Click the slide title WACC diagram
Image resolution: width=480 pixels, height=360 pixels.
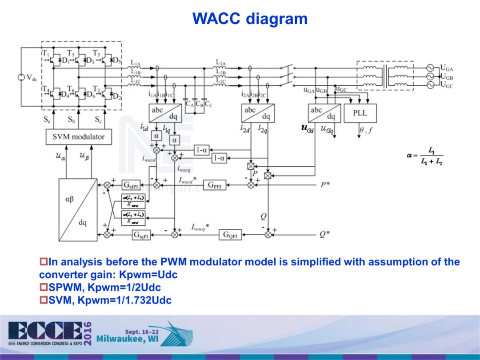pyautogui.click(x=250, y=19)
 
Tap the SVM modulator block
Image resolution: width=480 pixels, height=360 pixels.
pyautogui.click(x=78, y=136)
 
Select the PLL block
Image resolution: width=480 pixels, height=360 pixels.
pyautogui.click(x=360, y=113)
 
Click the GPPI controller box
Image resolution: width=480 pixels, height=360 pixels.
pyautogui.click(x=215, y=185)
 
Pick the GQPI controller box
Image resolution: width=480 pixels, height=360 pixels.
pyautogui.click(x=231, y=235)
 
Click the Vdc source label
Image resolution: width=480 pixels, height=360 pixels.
pyautogui.click(x=31, y=77)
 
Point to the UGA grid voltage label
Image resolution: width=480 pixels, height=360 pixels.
pyautogui.click(x=446, y=68)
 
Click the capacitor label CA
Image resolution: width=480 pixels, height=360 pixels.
pyautogui.click(x=189, y=104)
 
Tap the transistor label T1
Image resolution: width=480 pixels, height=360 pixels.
pyautogui.click(x=45, y=53)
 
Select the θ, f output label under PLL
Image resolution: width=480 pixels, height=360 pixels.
pyautogui.click(x=366, y=130)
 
